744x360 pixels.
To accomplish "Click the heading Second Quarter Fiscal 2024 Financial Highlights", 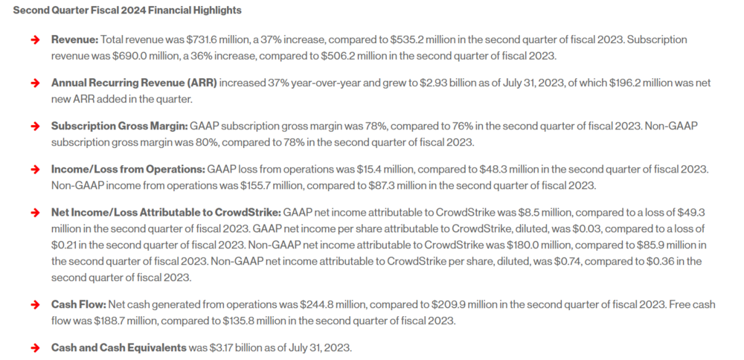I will [127, 10].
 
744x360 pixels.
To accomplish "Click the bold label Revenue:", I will [75, 39].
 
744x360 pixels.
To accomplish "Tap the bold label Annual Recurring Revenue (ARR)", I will [134, 82].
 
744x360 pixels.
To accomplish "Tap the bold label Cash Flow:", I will [78, 305].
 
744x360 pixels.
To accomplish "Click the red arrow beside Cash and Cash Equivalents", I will [34, 348].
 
